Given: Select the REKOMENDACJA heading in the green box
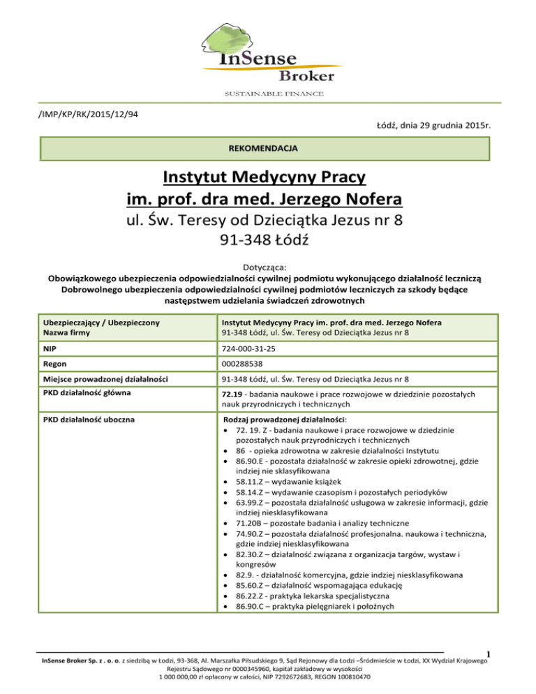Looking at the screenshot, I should (x=267, y=149).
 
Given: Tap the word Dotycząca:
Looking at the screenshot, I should (x=267, y=266).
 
